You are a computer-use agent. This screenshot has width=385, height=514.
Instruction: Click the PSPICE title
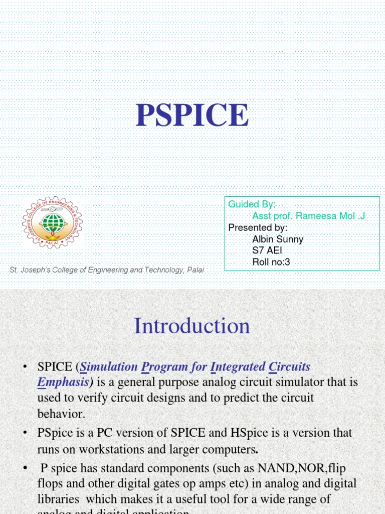pyautogui.click(x=192, y=115)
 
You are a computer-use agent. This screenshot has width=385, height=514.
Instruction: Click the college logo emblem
pyautogui.click(x=53, y=222)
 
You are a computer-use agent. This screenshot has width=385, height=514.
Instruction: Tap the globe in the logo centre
pyautogui.click(x=53, y=222)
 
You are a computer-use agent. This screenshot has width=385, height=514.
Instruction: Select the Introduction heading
pyautogui.click(x=192, y=326)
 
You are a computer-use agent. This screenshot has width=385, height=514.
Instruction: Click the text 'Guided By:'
pyautogui.click(x=252, y=204)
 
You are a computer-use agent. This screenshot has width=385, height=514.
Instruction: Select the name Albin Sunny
pyautogui.click(x=278, y=239)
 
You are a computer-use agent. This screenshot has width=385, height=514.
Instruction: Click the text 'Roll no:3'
pyautogui.click(x=271, y=262)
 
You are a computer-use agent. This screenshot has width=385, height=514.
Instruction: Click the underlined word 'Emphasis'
pyautogui.click(x=63, y=382)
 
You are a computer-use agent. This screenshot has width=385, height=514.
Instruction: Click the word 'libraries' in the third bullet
pyautogui.click(x=58, y=499)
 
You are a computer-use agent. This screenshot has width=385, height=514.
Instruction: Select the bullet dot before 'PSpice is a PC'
pyautogui.click(x=25, y=433)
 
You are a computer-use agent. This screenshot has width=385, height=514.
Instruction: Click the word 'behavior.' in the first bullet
pyautogui.click(x=61, y=414)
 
